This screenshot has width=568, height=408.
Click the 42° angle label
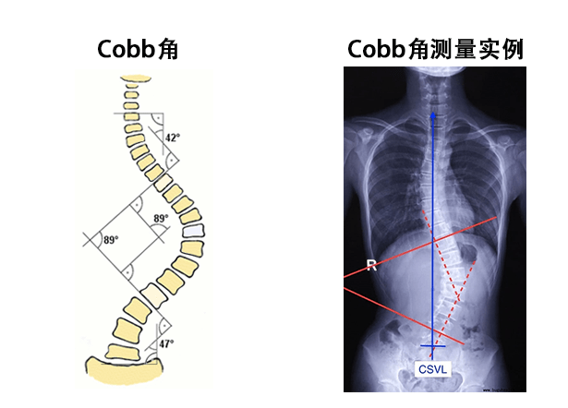point(172,138)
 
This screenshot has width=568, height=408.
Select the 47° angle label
point(167,343)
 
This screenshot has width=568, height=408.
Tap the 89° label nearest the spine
point(161,219)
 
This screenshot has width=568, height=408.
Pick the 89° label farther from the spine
point(111,240)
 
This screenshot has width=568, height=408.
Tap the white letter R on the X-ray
point(371,266)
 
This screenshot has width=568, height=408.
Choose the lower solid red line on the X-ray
point(388,309)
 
